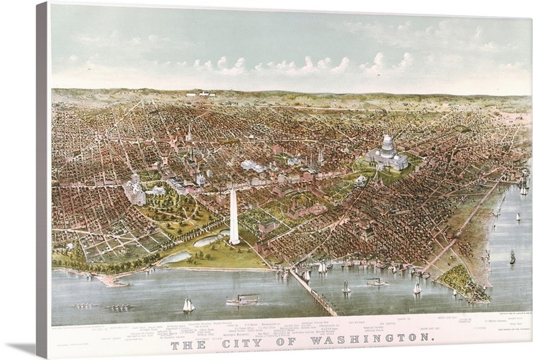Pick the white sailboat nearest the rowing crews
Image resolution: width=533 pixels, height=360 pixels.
click(189, 305)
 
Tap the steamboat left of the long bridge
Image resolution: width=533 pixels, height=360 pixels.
click(242, 300)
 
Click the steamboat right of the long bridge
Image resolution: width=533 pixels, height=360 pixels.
click(376, 282)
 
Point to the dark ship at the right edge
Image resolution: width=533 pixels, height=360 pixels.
click(512, 257)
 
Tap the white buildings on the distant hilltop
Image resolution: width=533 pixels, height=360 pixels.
click(200, 94)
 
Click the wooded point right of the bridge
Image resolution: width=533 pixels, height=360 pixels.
click(460, 280)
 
